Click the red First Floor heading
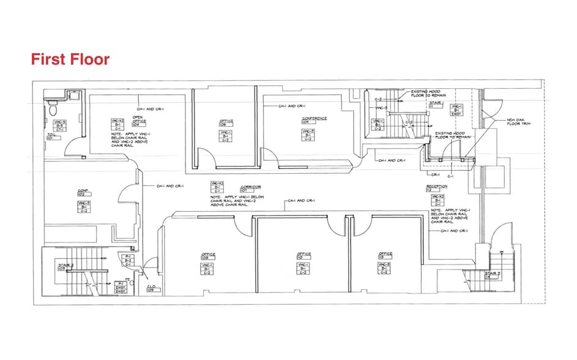point(70,59)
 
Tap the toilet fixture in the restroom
point(53,108)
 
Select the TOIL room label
point(51,136)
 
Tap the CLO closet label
point(151,288)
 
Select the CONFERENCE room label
point(313,120)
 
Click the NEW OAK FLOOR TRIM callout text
point(518,122)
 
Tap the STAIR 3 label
point(493,274)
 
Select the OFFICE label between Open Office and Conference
point(226,122)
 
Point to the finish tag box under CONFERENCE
point(310,135)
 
